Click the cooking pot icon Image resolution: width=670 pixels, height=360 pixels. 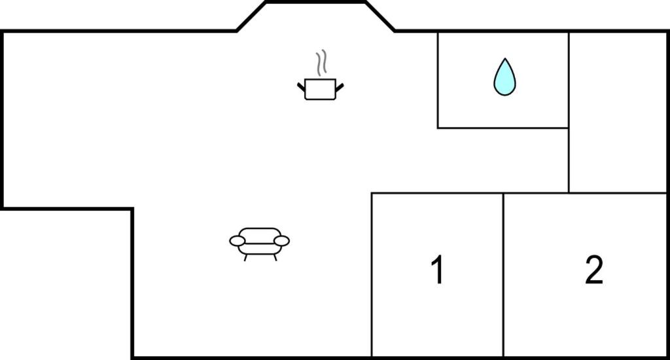[321, 89]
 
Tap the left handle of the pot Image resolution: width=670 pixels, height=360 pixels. [301, 87]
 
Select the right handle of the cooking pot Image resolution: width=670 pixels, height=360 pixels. [340, 87]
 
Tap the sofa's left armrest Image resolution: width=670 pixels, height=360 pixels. [237, 241]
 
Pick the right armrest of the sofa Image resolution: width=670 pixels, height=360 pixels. [281, 241]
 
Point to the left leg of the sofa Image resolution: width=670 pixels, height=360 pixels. [245, 257]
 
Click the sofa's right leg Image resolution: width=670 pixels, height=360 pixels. [275, 257]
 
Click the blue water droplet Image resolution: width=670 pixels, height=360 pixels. [504, 77]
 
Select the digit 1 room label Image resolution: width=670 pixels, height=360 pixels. [437, 270]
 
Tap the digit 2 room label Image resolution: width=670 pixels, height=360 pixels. [594, 270]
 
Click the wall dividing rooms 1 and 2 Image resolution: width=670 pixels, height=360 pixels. [503, 274]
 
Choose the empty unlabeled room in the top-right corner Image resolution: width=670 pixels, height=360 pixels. [618, 113]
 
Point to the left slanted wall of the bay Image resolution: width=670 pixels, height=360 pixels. [251, 16]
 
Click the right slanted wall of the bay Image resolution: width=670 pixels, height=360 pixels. [380, 16]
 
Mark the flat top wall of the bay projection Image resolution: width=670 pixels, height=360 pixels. [316, 2]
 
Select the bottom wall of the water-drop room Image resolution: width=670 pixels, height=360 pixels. [503, 128]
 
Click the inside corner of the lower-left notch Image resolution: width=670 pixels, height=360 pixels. [132, 209]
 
